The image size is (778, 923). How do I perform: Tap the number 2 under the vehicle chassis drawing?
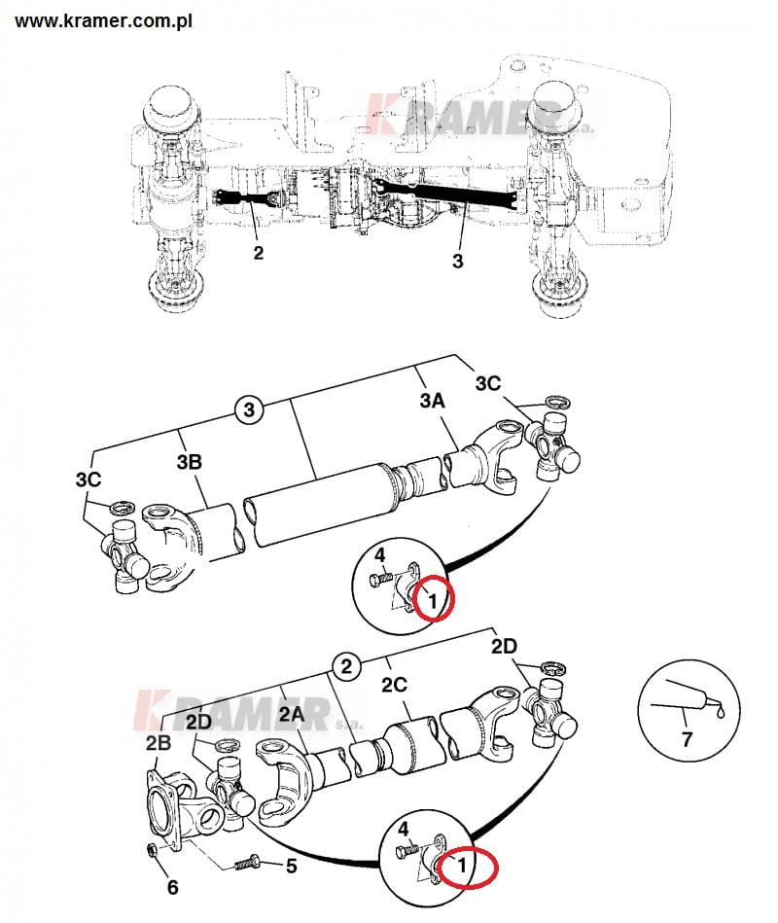pyautogui.click(x=258, y=253)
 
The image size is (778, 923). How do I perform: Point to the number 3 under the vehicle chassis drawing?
pyautogui.click(x=458, y=261)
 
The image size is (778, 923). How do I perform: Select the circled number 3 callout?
pyautogui.click(x=249, y=409)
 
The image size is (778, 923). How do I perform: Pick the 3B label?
pyautogui.click(x=191, y=462)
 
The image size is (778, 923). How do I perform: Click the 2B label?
pyautogui.click(x=159, y=743)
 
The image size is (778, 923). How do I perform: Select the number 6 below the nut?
pyautogui.click(x=172, y=887)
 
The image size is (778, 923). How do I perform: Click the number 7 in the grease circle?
pyautogui.click(x=687, y=739)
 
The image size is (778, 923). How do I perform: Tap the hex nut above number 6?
pyautogui.click(x=153, y=851)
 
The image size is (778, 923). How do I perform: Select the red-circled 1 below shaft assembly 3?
pyautogui.click(x=434, y=598)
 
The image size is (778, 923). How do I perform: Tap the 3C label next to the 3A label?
pyautogui.click(x=488, y=383)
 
